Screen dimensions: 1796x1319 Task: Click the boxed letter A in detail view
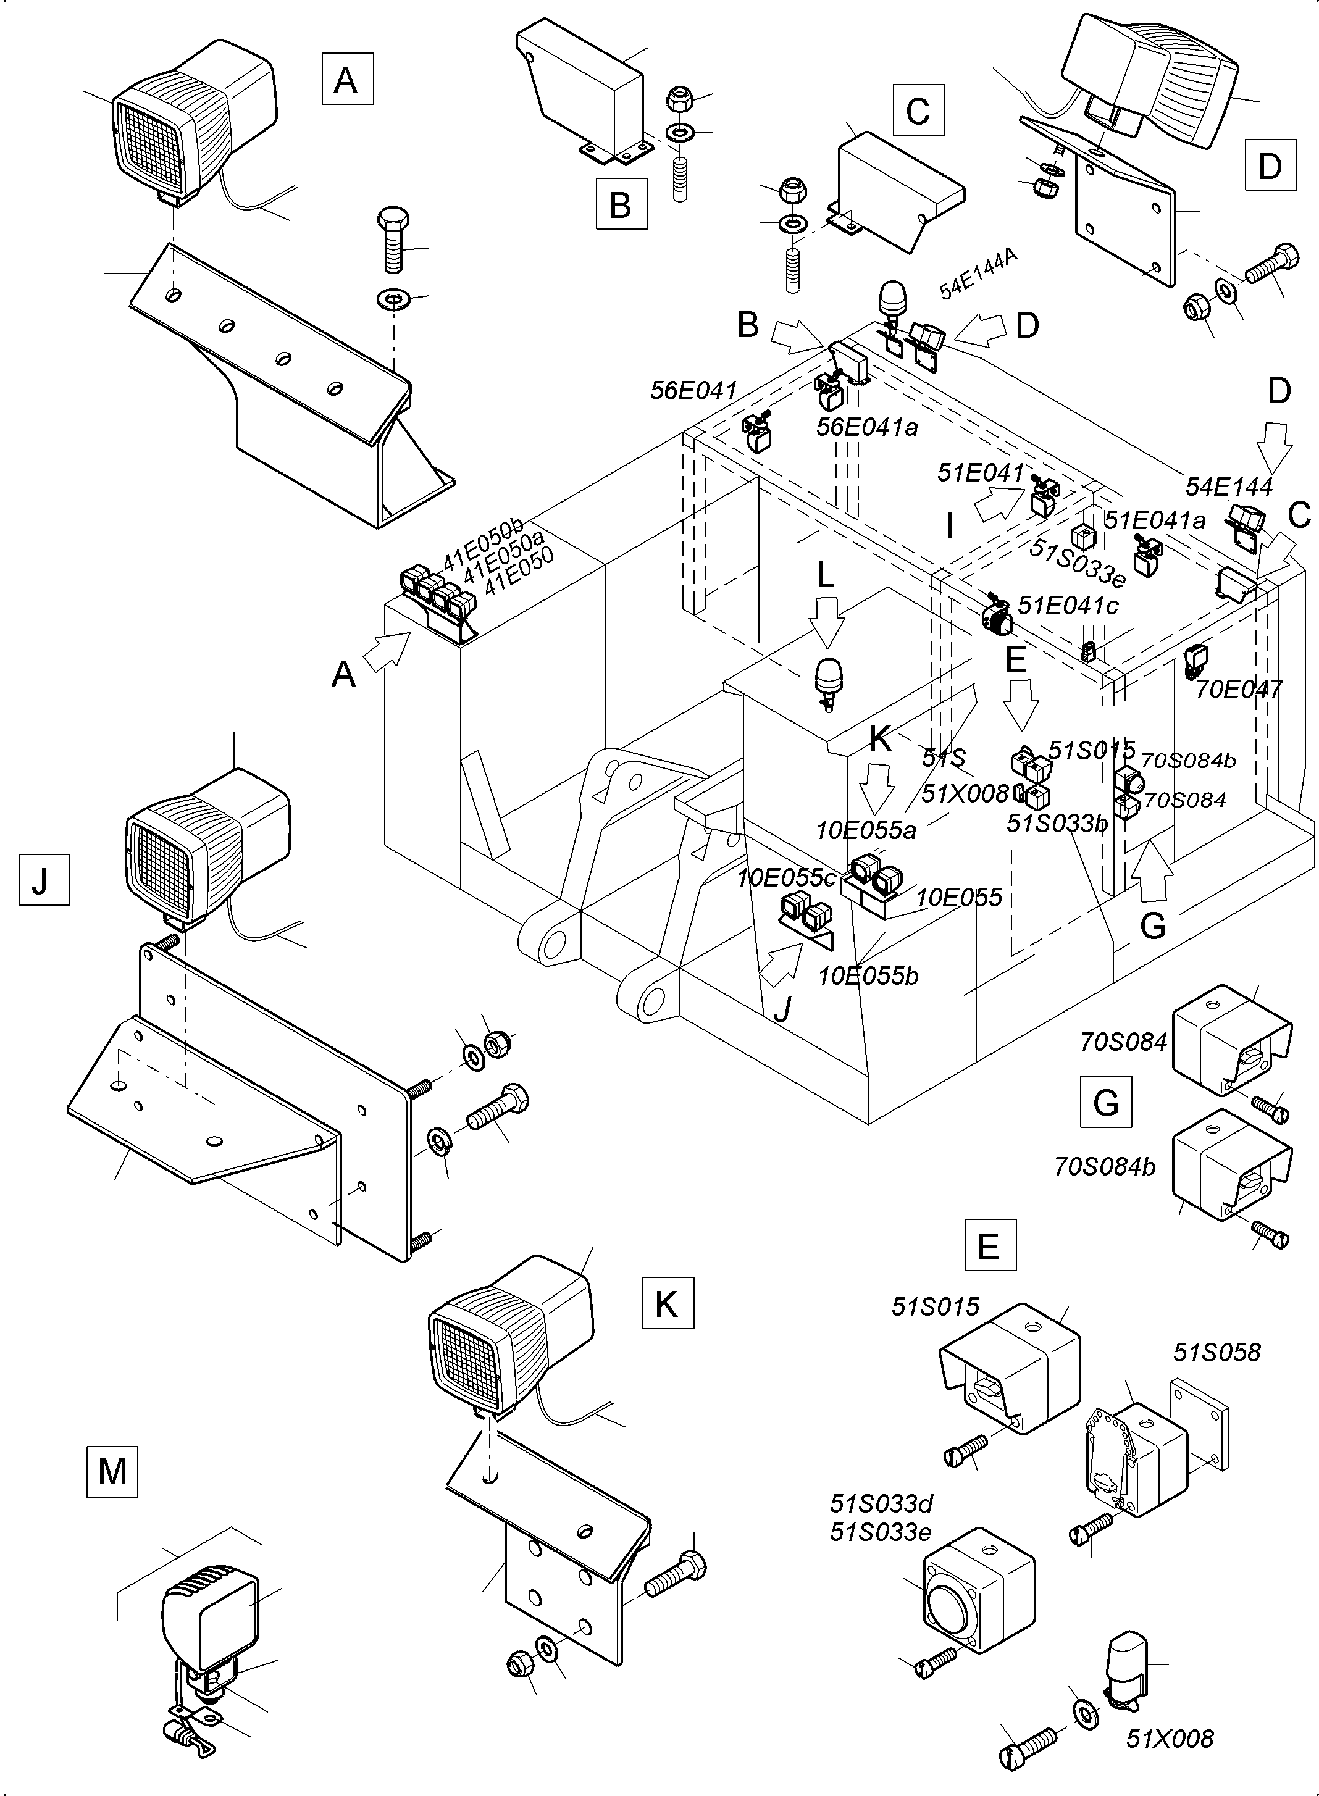point(347,79)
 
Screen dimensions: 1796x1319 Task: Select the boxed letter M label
point(112,1471)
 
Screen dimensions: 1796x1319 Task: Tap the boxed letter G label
point(1106,1101)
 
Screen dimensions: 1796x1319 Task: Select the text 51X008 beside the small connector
point(1169,1739)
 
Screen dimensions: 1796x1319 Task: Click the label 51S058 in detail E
point(1216,1352)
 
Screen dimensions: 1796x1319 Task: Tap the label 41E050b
point(482,543)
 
